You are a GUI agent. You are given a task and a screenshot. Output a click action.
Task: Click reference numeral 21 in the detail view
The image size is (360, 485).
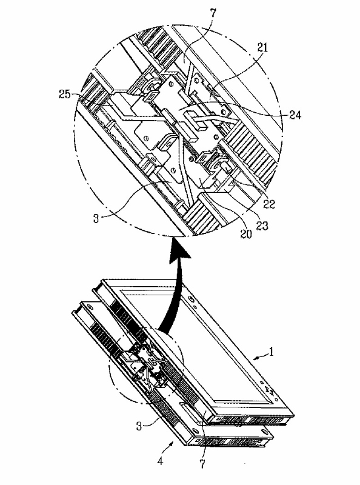click(x=262, y=48)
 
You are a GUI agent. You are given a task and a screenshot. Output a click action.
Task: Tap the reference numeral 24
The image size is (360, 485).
click(x=295, y=115)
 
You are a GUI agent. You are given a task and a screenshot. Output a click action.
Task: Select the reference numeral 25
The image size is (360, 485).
click(x=65, y=95)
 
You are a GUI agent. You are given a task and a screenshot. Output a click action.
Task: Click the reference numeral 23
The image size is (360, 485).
click(x=262, y=226)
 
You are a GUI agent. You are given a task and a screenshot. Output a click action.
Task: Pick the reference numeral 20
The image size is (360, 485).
click(x=246, y=234)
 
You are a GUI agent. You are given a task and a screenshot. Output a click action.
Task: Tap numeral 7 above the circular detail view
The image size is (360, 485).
click(x=213, y=13)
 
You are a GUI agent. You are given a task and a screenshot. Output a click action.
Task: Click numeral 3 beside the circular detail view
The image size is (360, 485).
click(x=96, y=219)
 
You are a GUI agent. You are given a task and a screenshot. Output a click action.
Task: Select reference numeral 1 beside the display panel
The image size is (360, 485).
click(x=272, y=352)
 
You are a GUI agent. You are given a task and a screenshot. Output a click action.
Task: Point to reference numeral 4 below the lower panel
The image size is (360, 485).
click(x=160, y=461)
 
